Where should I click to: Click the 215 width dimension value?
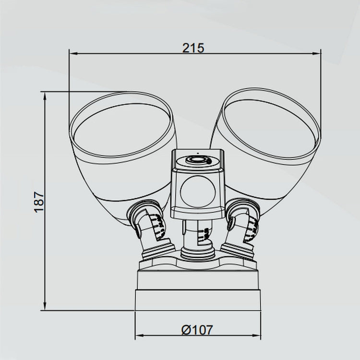[x=193, y=48]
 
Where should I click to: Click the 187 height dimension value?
[x=39, y=202]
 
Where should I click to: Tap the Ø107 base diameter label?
[x=197, y=330]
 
